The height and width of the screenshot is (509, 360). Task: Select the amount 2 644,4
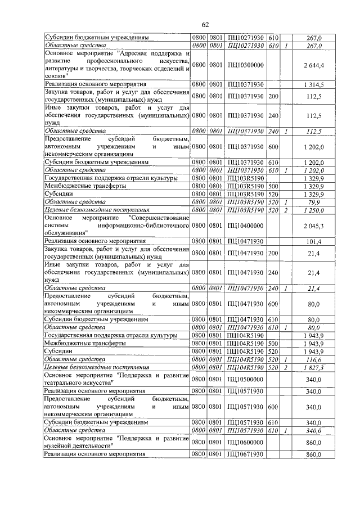[312, 66]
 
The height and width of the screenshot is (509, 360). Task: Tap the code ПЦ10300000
[246, 66]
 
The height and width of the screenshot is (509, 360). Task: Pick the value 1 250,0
[312, 210]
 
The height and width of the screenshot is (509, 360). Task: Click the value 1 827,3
[312, 366]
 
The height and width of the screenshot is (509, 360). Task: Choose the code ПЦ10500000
[246, 379]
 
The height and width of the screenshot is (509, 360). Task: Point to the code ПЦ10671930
[246, 453]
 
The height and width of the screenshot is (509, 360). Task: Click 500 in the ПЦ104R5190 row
[274, 343]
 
